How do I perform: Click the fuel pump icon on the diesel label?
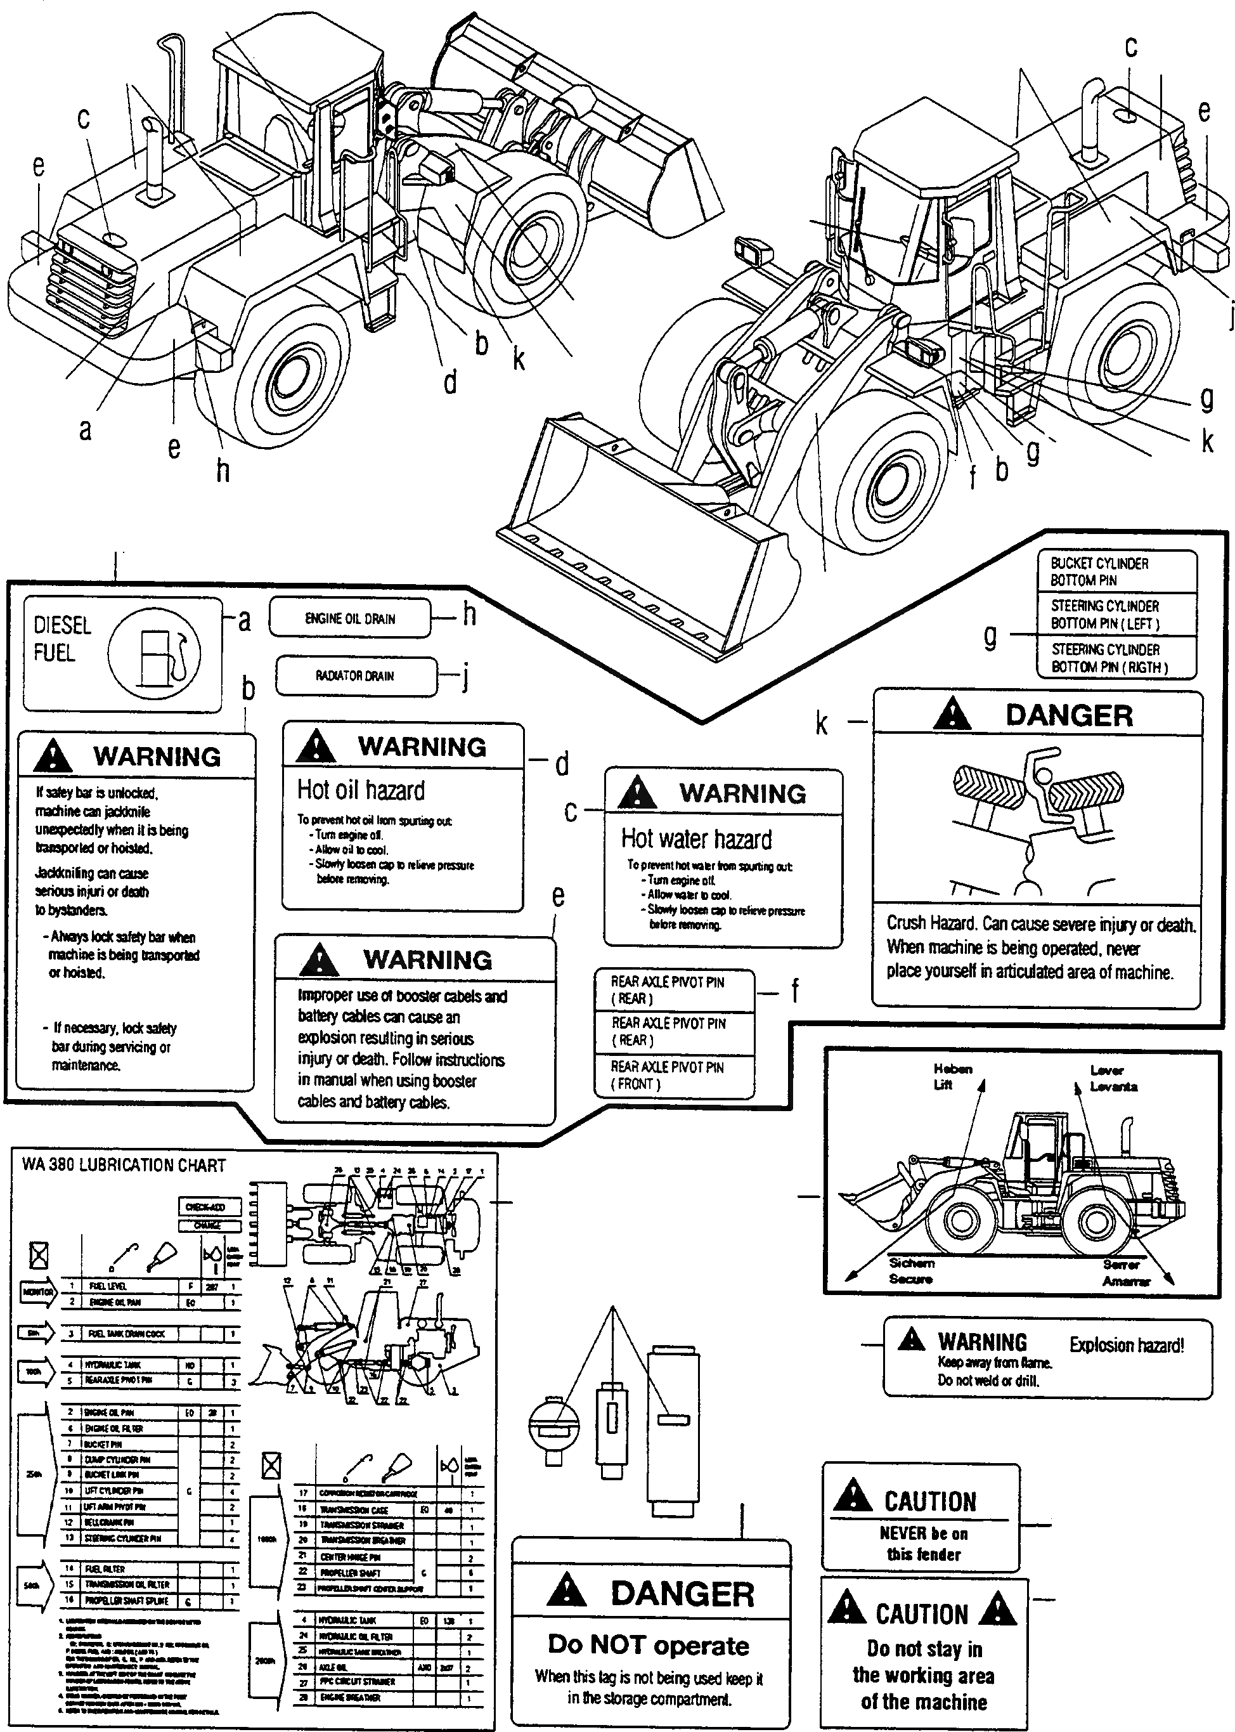(x=155, y=654)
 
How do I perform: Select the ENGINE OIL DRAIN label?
(x=350, y=618)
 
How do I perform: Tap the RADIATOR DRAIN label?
(x=355, y=675)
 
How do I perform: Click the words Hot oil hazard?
(x=361, y=790)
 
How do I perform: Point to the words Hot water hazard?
(x=696, y=839)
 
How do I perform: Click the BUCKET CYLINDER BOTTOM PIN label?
(x=1099, y=571)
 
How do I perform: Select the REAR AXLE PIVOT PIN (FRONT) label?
(x=667, y=1076)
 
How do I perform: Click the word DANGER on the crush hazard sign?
(x=1068, y=716)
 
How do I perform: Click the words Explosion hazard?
(x=1126, y=1345)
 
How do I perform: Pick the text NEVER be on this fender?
(x=923, y=1544)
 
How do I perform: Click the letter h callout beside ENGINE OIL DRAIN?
(x=469, y=615)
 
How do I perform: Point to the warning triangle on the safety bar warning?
(x=53, y=756)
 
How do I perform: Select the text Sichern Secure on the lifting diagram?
(x=911, y=1270)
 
